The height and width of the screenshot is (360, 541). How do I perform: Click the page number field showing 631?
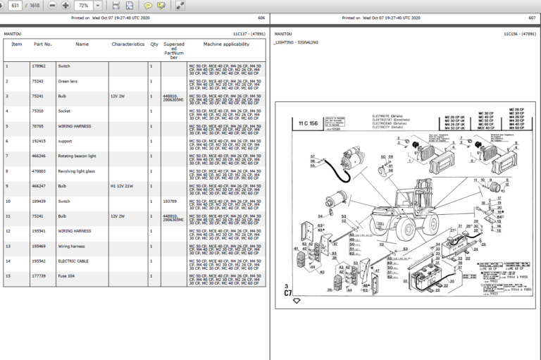pyautogui.click(x=14, y=6)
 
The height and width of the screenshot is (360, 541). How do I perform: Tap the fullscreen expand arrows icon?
pyautogui.click(x=180, y=6)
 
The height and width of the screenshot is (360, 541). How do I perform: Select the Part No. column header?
pyautogui.click(x=43, y=44)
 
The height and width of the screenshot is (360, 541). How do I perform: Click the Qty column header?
pyautogui.click(x=154, y=44)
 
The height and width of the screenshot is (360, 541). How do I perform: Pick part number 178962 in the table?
pyautogui.click(x=39, y=66)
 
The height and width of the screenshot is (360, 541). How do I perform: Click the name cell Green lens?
pyautogui.click(x=68, y=80)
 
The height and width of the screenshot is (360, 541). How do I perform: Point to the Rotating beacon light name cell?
pyautogui.click(x=77, y=156)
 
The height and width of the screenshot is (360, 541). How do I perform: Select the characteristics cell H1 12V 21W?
pyautogui.click(x=122, y=186)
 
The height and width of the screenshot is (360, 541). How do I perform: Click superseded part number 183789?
pyautogui.click(x=170, y=201)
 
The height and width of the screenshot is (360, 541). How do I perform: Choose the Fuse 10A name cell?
pyautogui.click(x=68, y=276)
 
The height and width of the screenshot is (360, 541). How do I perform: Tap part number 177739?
pyautogui.click(x=39, y=276)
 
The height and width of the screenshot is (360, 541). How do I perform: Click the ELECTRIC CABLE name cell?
pyautogui.click(x=73, y=261)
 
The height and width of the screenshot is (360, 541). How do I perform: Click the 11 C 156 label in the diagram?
pyautogui.click(x=309, y=123)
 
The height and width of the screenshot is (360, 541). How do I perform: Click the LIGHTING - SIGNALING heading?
pyautogui.click(x=296, y=42)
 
